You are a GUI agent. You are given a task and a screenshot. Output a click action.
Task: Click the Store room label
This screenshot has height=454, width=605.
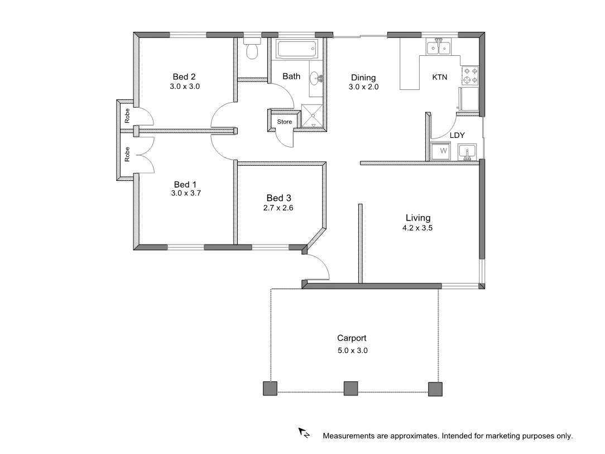[285, 122]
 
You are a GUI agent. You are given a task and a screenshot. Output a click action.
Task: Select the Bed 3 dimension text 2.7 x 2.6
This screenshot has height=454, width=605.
[279, 208]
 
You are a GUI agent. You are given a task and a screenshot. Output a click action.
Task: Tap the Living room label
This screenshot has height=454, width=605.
[418, 218]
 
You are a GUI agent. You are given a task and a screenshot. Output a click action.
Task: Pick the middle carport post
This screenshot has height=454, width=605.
[350, 389]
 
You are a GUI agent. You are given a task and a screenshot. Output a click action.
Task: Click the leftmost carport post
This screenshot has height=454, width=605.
[270, 389]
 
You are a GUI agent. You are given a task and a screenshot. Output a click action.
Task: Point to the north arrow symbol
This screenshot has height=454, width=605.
[304, 432]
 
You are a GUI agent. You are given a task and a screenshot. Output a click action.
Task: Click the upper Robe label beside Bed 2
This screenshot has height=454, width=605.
[127, 116]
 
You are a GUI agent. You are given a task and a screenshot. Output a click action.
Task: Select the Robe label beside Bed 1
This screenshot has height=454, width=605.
[127, 154]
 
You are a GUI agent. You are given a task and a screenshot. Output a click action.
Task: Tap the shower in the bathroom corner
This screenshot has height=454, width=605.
[313, 116]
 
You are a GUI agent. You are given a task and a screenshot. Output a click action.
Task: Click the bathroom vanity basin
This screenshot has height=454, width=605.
[316, 78]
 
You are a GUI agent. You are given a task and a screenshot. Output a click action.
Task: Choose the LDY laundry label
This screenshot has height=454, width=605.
[457, 135]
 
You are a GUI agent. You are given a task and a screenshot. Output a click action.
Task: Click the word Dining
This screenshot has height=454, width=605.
[363, 78]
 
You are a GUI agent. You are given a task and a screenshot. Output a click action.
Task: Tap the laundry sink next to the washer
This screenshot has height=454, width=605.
[467, 151]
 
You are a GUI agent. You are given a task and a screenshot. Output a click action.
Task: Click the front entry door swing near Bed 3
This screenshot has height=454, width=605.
[316, 267]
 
